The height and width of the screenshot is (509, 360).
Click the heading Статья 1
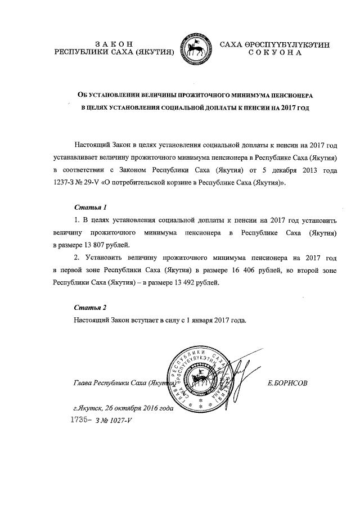click(90, 206)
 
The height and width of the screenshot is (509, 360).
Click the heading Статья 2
click(90, 308)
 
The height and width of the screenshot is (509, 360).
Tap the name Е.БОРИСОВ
click(289, 383)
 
